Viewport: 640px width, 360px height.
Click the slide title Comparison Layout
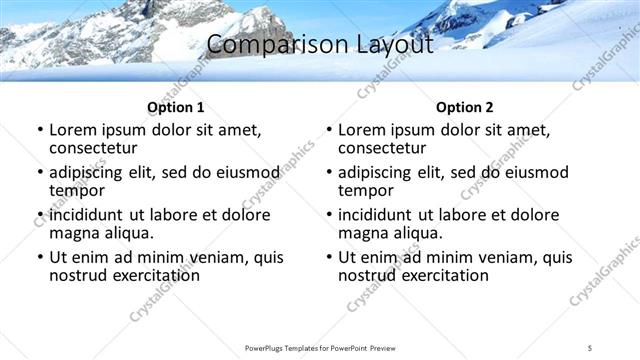coord(320,45)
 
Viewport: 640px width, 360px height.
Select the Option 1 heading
coord(175,107)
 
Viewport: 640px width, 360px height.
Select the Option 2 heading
coord(464,107)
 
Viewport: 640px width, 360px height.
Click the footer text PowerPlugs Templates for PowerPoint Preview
coord(319,347)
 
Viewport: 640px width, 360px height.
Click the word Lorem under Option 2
coord(361,130)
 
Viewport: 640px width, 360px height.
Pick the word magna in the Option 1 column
coord(73,233)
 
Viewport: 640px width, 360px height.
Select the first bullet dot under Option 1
coord(39,131)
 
